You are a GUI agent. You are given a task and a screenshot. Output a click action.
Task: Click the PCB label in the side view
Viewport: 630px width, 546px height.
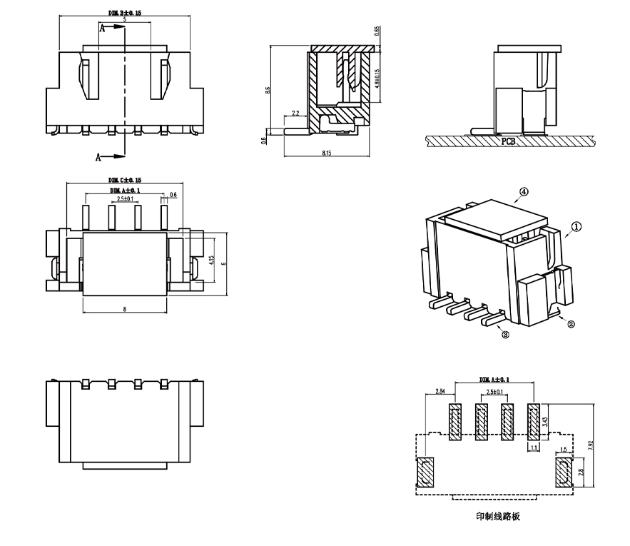pyautogui.click(x=508, y=141)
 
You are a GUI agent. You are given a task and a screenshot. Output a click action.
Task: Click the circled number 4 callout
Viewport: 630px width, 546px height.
pyautogui.click(x=523, y=192)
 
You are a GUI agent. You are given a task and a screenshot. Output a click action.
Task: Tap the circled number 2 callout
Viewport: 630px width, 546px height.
pyautogui.click(x=571, y=324)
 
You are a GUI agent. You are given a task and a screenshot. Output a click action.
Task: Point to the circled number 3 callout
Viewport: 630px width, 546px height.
pyautogui.click(x=505, y=334)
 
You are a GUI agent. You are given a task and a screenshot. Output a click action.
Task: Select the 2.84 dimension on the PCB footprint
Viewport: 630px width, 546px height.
pyautogui.click(x=440, y=392)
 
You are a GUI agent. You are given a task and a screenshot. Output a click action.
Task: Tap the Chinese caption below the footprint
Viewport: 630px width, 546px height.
pyautogui.click(x=497, y=516)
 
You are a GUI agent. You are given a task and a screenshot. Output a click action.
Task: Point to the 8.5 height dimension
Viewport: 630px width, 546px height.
pyautogui.click(x=268, y=90)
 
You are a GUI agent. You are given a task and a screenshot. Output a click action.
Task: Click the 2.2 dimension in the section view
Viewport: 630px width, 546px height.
pyautogui.click(x=295, y=113)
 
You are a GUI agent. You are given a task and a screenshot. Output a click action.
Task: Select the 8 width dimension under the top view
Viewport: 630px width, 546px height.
pyautogui.click(x=125, y=309)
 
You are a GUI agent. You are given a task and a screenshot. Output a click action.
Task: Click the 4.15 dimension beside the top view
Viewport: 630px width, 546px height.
pyautogui.click(x=211, y=261)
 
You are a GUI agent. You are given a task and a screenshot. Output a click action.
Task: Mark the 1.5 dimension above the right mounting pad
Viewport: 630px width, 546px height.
pyautogui.click(x=563, y=450)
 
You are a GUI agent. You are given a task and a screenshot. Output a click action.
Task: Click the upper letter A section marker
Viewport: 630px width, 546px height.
pyautogui.click(x=101, y=29)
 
